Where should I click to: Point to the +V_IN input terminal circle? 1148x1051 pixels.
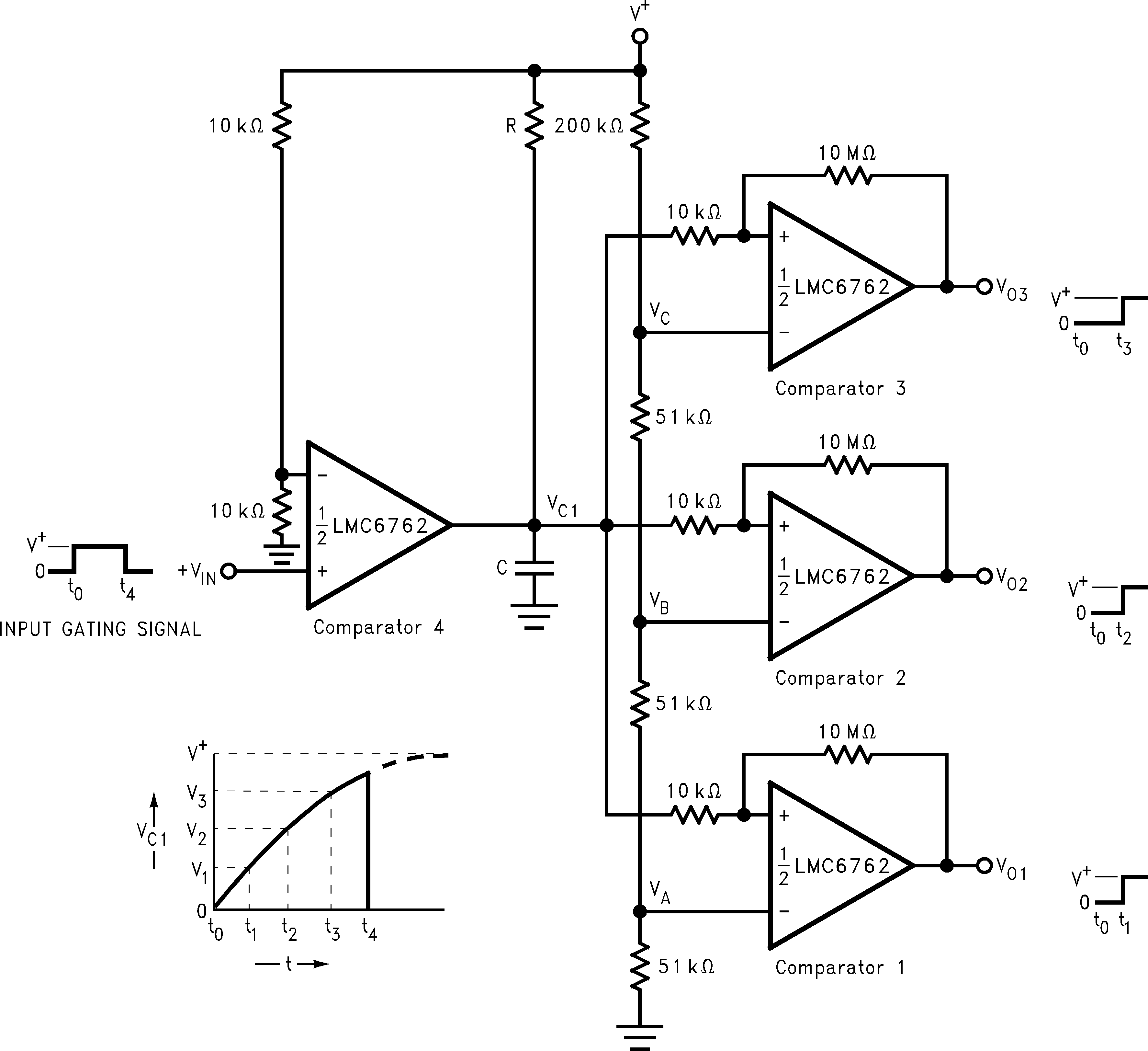(228, 571)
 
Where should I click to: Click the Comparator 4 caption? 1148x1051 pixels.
(378, 627)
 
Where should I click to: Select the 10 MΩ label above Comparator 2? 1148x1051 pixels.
(847, 442)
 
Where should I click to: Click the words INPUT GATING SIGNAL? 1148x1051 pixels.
(100, 629)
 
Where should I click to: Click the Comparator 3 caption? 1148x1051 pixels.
(840, 389)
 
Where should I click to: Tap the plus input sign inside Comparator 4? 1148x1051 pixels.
(322, 571)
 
